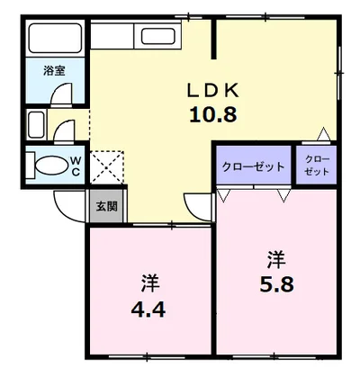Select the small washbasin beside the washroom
38,124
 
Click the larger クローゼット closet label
252,166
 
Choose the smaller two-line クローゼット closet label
316,166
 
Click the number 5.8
274,286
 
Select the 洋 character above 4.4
148,283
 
